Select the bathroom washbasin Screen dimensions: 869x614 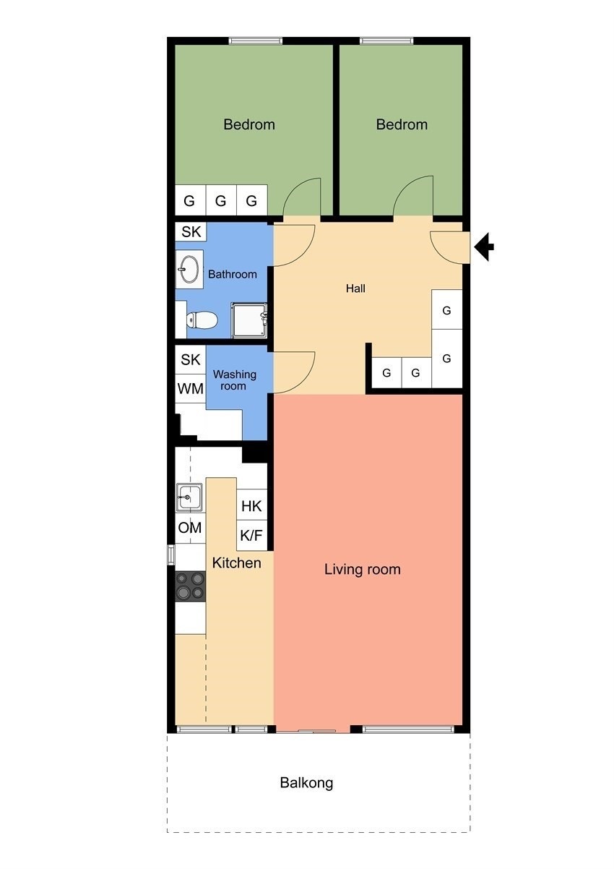tap(189, 270)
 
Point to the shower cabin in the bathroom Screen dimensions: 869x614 tap(249, 320)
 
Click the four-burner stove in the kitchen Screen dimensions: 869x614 tap(190, 586)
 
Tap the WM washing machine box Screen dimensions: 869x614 tap(191, 389)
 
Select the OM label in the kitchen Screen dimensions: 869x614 tap(190, 528)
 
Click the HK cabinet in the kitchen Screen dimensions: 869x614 tap(251, 506)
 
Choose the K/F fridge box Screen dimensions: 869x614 tap(251, 536)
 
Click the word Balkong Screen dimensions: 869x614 tap(306, 782)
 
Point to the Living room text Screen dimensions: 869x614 tap(362, 570)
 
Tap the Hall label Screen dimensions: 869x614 tap(355, 288)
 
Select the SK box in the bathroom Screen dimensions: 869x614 tap(191, 232)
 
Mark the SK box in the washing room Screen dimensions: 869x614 tap(191, 359)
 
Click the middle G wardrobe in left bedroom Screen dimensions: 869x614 tap(221, 201)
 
